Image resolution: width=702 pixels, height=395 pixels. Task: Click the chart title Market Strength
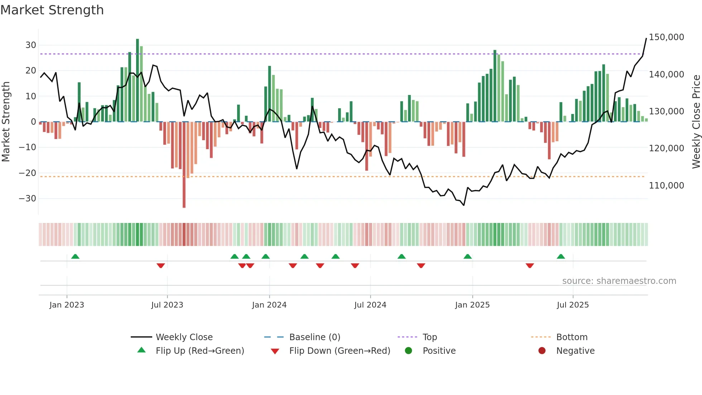[x=52, y=10]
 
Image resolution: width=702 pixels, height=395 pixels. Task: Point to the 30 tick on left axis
[x=31, y=45]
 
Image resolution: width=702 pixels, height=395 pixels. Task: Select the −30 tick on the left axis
[x=28, y=199]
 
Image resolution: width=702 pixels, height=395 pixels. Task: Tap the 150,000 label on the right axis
[x=666, y=37]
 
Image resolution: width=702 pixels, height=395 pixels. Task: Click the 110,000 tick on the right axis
[x=666, y=186]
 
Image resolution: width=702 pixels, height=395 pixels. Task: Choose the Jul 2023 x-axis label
[x=167, y=305]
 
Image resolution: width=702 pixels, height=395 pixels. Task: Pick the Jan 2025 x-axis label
[x=472, y=305]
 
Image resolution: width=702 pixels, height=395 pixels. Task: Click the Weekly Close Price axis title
[x=696, y=122]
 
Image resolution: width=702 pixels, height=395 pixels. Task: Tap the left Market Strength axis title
[x=6, y=122]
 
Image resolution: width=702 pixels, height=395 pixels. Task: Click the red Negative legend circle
[x=542, y=351]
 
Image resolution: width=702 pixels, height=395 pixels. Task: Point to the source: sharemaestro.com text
[x=619, y=281]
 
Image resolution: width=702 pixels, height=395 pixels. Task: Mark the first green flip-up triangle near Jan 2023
[x=75, y=257]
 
